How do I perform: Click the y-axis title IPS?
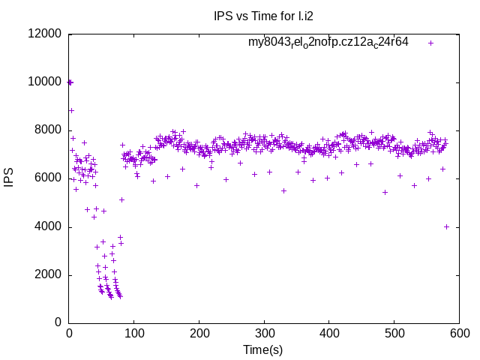click(9, 178)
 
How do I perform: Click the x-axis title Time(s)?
click(263, 349)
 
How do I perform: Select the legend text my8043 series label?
click(328, 43)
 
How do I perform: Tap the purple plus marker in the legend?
click(430, 43)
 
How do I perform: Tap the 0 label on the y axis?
click(58, 322)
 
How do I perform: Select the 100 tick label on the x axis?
click(134, 334)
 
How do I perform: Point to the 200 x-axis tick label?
click(199, 334)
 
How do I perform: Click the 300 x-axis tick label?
click(264, 334)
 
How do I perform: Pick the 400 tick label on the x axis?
click(329, 334)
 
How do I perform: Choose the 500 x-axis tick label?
click(394, 334)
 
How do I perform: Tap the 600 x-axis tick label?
click(459, 334)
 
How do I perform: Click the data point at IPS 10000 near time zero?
click(70, 82)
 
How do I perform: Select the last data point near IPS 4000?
click(446, 226)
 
